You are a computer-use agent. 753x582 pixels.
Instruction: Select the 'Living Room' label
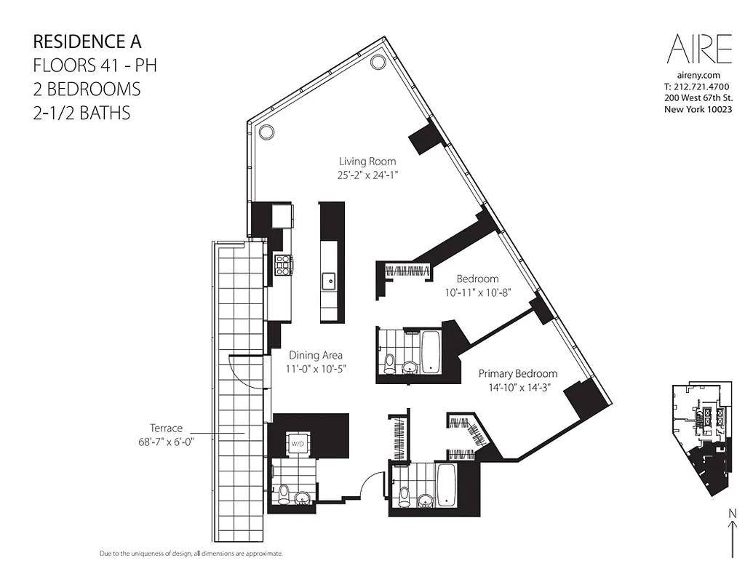click(367, 162)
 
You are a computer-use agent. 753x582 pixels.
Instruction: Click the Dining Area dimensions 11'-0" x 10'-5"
click(315, 369)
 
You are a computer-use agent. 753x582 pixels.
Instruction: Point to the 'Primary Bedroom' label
click(517, 373)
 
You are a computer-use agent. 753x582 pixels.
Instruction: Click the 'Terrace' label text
click(167, 428)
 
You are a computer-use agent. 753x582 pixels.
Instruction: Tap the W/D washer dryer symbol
click(298, 443)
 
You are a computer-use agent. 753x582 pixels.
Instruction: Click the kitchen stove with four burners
click(282, 264)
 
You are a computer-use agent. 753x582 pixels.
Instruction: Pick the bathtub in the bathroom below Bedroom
click(431, 351)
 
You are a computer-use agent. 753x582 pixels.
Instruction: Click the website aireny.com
click(698, 76)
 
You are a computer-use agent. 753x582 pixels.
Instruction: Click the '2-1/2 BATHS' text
click(81, 113)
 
